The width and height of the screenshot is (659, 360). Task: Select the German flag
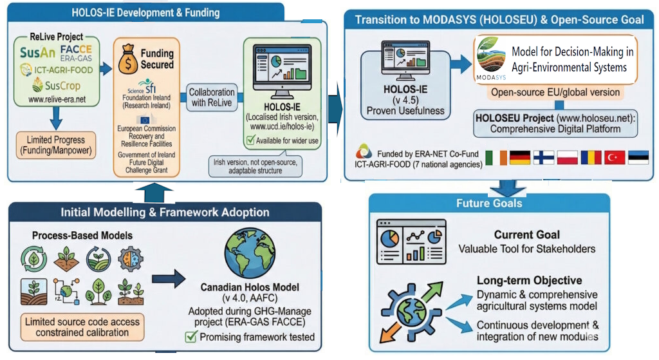520,157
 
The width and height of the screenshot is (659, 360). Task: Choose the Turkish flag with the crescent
615,157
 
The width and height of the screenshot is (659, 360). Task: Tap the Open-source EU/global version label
555,92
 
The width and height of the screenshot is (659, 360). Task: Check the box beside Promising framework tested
190,336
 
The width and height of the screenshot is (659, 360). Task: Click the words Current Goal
526,235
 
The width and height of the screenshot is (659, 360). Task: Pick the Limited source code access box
81,326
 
